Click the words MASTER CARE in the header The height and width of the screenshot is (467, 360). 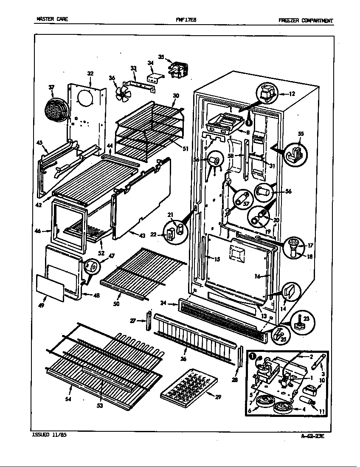[52, 20]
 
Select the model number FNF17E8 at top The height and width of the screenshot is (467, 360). [186, 20]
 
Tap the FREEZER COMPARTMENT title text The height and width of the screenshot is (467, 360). [306, 20]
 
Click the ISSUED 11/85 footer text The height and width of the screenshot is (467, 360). [49, 435]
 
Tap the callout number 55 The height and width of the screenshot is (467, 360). [301, 134]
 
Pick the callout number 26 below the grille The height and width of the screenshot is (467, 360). [186, 352]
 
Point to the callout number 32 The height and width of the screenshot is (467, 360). [90, 73]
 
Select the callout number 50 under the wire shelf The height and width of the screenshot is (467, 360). [116, 304]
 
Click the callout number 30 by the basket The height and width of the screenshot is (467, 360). [176, 96]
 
